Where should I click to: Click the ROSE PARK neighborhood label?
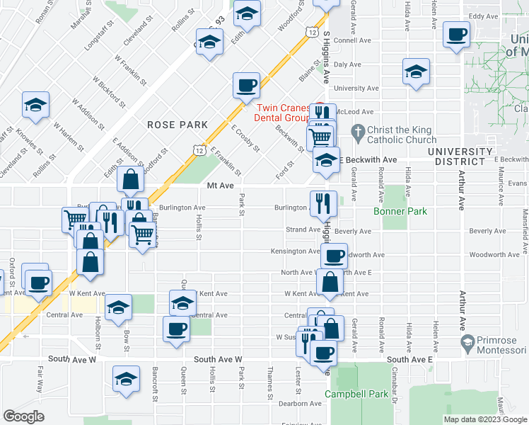point(178,125)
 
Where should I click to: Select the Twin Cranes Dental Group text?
point(282,114)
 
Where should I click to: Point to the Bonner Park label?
point(401,212)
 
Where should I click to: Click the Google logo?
point(24,416)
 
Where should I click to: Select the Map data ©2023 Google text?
point(484,419)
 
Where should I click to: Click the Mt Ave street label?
point(220,186)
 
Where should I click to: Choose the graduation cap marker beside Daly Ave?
point(416,72)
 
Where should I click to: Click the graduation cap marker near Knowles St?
point(35,105)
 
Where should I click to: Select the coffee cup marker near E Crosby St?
point(246,86)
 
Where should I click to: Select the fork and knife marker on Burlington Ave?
point(320,203)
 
